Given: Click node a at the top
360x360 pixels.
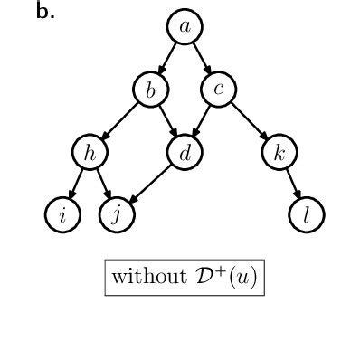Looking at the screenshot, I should coord(185,27).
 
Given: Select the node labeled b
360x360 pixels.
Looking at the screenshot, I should coord(151,90).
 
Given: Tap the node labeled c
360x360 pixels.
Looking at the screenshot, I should coord(219,89).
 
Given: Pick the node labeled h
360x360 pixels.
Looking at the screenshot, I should coord(90,153).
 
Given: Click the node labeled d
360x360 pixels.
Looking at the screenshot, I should coord(185,153).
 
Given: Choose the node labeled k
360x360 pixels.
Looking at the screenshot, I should coord(279,153).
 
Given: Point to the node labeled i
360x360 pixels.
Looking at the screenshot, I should coord(62,215).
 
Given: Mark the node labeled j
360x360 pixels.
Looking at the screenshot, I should coord(117,215).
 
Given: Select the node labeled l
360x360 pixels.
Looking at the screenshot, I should coord(307,215).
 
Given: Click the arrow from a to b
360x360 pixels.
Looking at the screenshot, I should coord(168,58).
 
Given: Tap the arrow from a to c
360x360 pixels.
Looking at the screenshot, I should coord(202,58).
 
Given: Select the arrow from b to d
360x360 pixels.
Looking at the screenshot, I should coord(168,121).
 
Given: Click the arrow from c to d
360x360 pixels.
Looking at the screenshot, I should coord(202,121).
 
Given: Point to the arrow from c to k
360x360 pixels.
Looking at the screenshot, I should coord(249,121).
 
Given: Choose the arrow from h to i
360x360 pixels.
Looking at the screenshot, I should coord(76,184).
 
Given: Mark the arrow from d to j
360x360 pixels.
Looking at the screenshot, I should coord(151,184).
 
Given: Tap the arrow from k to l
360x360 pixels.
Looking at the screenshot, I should coord(293,184).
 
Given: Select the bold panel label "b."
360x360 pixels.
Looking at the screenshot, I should coord(45,12).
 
